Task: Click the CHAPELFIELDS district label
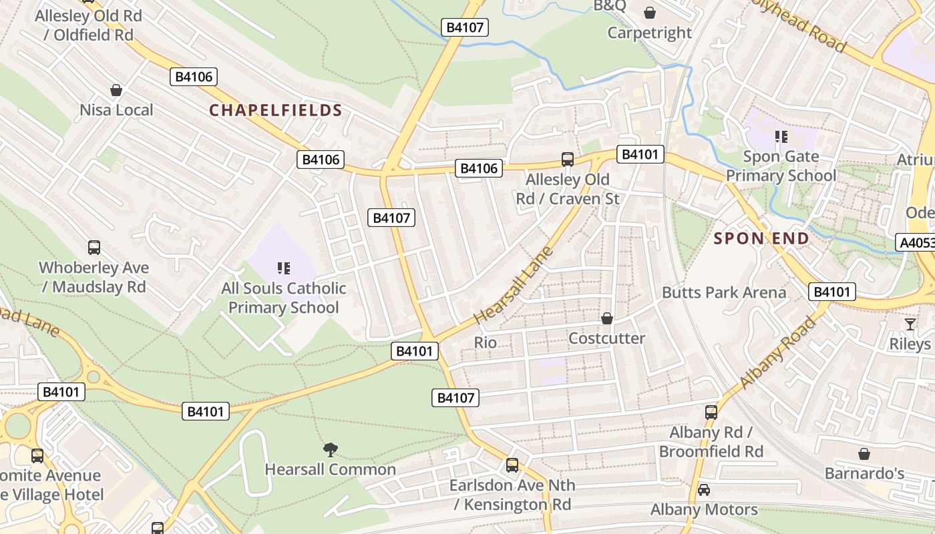click(276, 110)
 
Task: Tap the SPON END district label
click(761, 238)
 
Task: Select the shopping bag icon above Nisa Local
click(116, 90)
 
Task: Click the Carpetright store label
click(649, 32)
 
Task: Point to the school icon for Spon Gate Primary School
click(781, 138)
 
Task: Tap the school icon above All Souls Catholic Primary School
click(284, 268)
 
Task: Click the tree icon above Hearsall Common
click(330, 449)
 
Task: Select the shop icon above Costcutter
click(607, 318)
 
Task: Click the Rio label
click(486, 342)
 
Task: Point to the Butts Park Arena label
click(724, 292)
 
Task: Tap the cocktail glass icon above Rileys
click(910, 324)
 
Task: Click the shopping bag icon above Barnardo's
click(864, 454)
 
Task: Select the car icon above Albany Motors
click(704, 490)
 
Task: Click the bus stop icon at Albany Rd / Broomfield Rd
click(711, 413)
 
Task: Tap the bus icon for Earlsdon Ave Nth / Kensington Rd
click(512, 465)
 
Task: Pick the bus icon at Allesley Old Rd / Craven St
click(568, 160)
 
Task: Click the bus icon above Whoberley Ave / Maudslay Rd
click(94, 248)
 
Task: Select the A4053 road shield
click(916, 243)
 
